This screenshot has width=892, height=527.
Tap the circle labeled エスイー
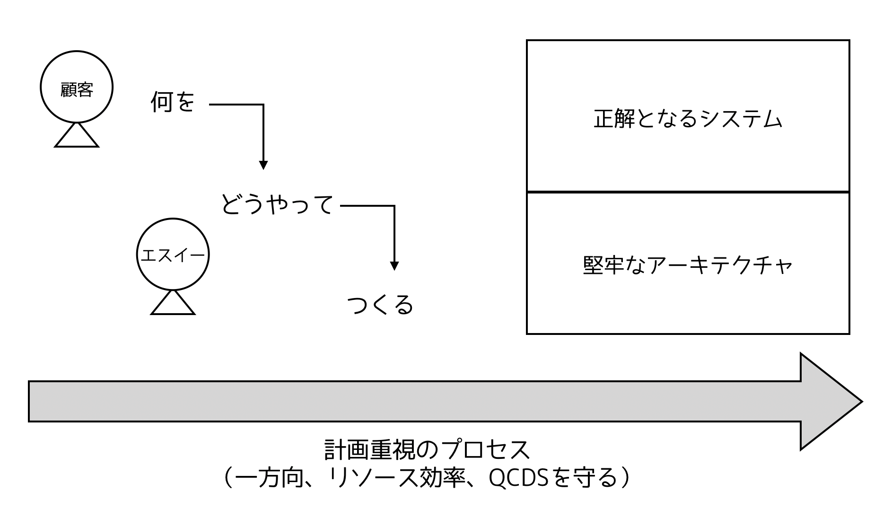click(173, 255)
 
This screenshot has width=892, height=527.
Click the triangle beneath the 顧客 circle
click(77, 136)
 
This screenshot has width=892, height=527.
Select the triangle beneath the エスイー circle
click(173, 304)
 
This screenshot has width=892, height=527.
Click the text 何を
click(173, 102)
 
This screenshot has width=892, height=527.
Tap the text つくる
click(380, 305)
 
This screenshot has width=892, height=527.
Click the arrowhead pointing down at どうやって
click(263, 165)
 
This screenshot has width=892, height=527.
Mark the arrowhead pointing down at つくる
click(394, 266)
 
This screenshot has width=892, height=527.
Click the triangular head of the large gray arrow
click(828, 402)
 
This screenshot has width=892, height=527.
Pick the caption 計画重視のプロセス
click(427, 450)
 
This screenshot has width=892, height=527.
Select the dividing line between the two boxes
click(688, 192)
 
